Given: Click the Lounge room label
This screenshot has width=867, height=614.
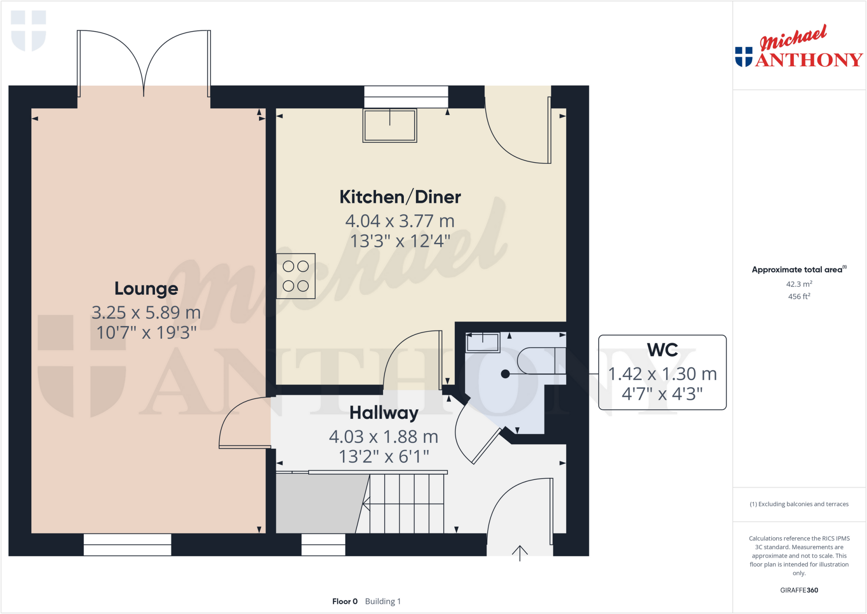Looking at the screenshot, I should [x=146, y=289].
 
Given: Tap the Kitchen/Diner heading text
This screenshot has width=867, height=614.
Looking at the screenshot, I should [x=400, y=197].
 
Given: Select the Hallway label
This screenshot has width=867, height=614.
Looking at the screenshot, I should [x=384, y=413].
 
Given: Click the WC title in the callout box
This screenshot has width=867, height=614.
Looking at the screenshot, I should [x=662, y=350].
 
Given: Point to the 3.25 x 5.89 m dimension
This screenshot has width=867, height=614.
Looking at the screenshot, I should [x=146, y=313].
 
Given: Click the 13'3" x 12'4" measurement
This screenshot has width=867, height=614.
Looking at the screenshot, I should [x=400, y=241].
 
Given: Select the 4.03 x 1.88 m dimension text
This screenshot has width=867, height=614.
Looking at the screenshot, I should [x=384, y=436].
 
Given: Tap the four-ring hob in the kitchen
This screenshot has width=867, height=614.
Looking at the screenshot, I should [x=295, y=276].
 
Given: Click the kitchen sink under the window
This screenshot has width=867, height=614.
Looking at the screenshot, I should [x=389, y=125].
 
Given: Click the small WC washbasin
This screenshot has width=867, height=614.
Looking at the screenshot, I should [x=483, y=342].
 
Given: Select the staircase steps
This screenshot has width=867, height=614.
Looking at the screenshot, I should [x=406, y=503].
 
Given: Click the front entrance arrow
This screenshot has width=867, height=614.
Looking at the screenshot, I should [x=519, y=552].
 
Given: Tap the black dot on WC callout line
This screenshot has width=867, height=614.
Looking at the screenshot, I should [x=505, y=374].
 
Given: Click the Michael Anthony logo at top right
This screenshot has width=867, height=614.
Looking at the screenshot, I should [x=798, y=47].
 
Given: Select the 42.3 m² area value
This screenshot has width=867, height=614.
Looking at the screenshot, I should [x=799, y=284].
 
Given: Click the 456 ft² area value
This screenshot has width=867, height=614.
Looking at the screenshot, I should [x=799, y=297].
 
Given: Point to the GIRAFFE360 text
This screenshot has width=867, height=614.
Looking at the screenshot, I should [x=799, y=590].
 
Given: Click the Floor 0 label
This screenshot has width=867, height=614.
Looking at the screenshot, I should [x=345, y=601].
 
